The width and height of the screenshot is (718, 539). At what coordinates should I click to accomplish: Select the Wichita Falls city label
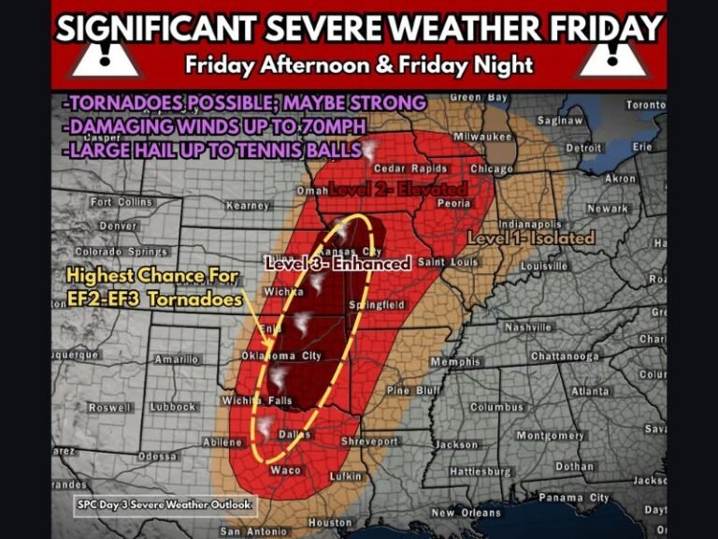pyautogui.click(x=258, y=401)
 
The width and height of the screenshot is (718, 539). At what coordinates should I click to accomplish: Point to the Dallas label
pyautogui.click(x=294, y=434)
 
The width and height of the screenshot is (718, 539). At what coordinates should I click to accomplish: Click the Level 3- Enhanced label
pyautogui.click(x=337, y=264)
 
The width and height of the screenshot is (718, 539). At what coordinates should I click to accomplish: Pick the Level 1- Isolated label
pyautogui.click(x=531, y=239)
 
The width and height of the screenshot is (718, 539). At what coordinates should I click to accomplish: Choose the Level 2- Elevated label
pyautogui.click(x=398, y=190)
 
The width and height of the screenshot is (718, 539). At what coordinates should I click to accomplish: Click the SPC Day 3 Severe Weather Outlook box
pyautogui.click(x=165, y=504)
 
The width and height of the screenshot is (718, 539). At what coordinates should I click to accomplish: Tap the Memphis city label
pyautogui.click(x=455, y=361)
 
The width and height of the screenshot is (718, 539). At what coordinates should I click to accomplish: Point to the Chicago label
pyautogui.click(x=492, y=169)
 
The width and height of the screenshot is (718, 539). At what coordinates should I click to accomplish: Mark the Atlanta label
pyautogui.click(x=590, y=391)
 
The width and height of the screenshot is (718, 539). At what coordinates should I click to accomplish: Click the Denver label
pyautogui.click(x=118, y=226)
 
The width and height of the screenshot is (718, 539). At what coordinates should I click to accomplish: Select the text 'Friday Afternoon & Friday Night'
pyautogui.click(x=359, y=66)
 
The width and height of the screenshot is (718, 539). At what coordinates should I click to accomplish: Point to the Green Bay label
pyautogui.click(x=479, y=97)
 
